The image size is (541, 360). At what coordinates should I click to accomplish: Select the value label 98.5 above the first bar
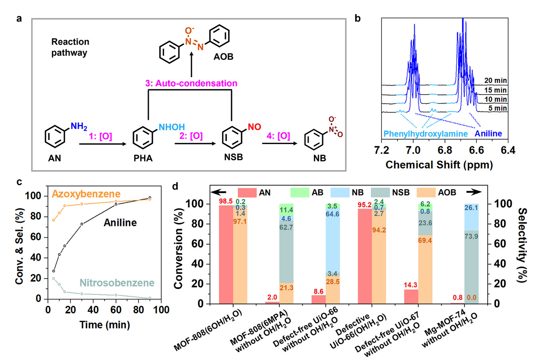[x=226, y=201]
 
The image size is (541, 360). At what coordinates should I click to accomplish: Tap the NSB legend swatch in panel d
[x=380, y=193]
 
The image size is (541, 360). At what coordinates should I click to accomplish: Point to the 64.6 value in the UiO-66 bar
[x=333, y=214]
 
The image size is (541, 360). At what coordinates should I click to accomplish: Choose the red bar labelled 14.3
[x=411, y=297]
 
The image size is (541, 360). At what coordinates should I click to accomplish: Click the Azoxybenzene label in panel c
[x=86, y=194]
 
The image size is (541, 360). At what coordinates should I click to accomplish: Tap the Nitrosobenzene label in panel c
[x=117, y=283]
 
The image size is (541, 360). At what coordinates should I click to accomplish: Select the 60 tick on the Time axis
[x=116, y=310]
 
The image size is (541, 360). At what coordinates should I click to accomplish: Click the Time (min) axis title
[x=104, y=325]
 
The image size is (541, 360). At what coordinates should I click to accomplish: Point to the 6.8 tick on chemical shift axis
[x=445, y=150]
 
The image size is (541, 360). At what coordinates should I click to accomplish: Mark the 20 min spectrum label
[x=495, y=81]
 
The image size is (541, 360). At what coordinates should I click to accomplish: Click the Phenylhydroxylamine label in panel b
[x=425, y=134]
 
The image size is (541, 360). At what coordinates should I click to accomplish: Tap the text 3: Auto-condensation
[x=191, y=83]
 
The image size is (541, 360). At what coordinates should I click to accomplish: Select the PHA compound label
[x=143, y=158]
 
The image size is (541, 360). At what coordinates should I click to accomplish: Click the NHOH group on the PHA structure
[x=171, y=127]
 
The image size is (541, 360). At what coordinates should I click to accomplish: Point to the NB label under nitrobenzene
[x=319, y=158]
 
